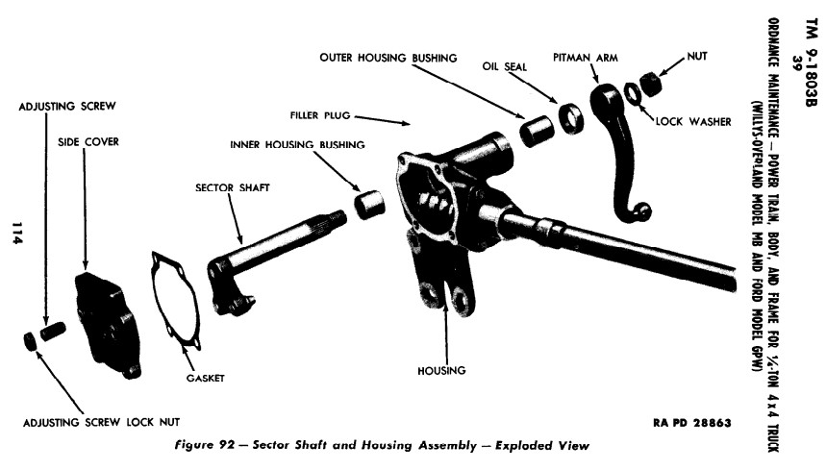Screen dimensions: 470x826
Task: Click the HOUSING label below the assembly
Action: [x=442, y=370]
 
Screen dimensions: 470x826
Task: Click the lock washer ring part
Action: [x=634, y=92]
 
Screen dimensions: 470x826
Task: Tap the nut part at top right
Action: [x=654, y=83]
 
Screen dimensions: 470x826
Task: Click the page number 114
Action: [x=16, y=235]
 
